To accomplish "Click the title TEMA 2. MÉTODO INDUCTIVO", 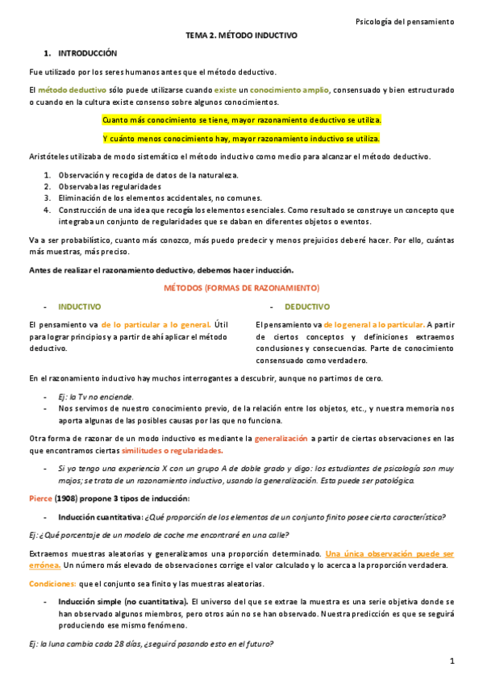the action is (x=241, y=36).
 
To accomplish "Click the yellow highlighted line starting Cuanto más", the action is (x=241, y=120).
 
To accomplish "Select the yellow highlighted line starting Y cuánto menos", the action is (x=241, y=138).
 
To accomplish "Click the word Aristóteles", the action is (x=48, y=156).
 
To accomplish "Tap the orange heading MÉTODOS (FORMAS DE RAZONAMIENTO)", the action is (x=241, y=288).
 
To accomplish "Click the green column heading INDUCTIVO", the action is (x=79, y=307).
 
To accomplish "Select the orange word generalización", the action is (x=281, y=438).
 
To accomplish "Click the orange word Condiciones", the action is (x=52, y=583).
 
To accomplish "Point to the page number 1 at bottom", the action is (x=452, y=661).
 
